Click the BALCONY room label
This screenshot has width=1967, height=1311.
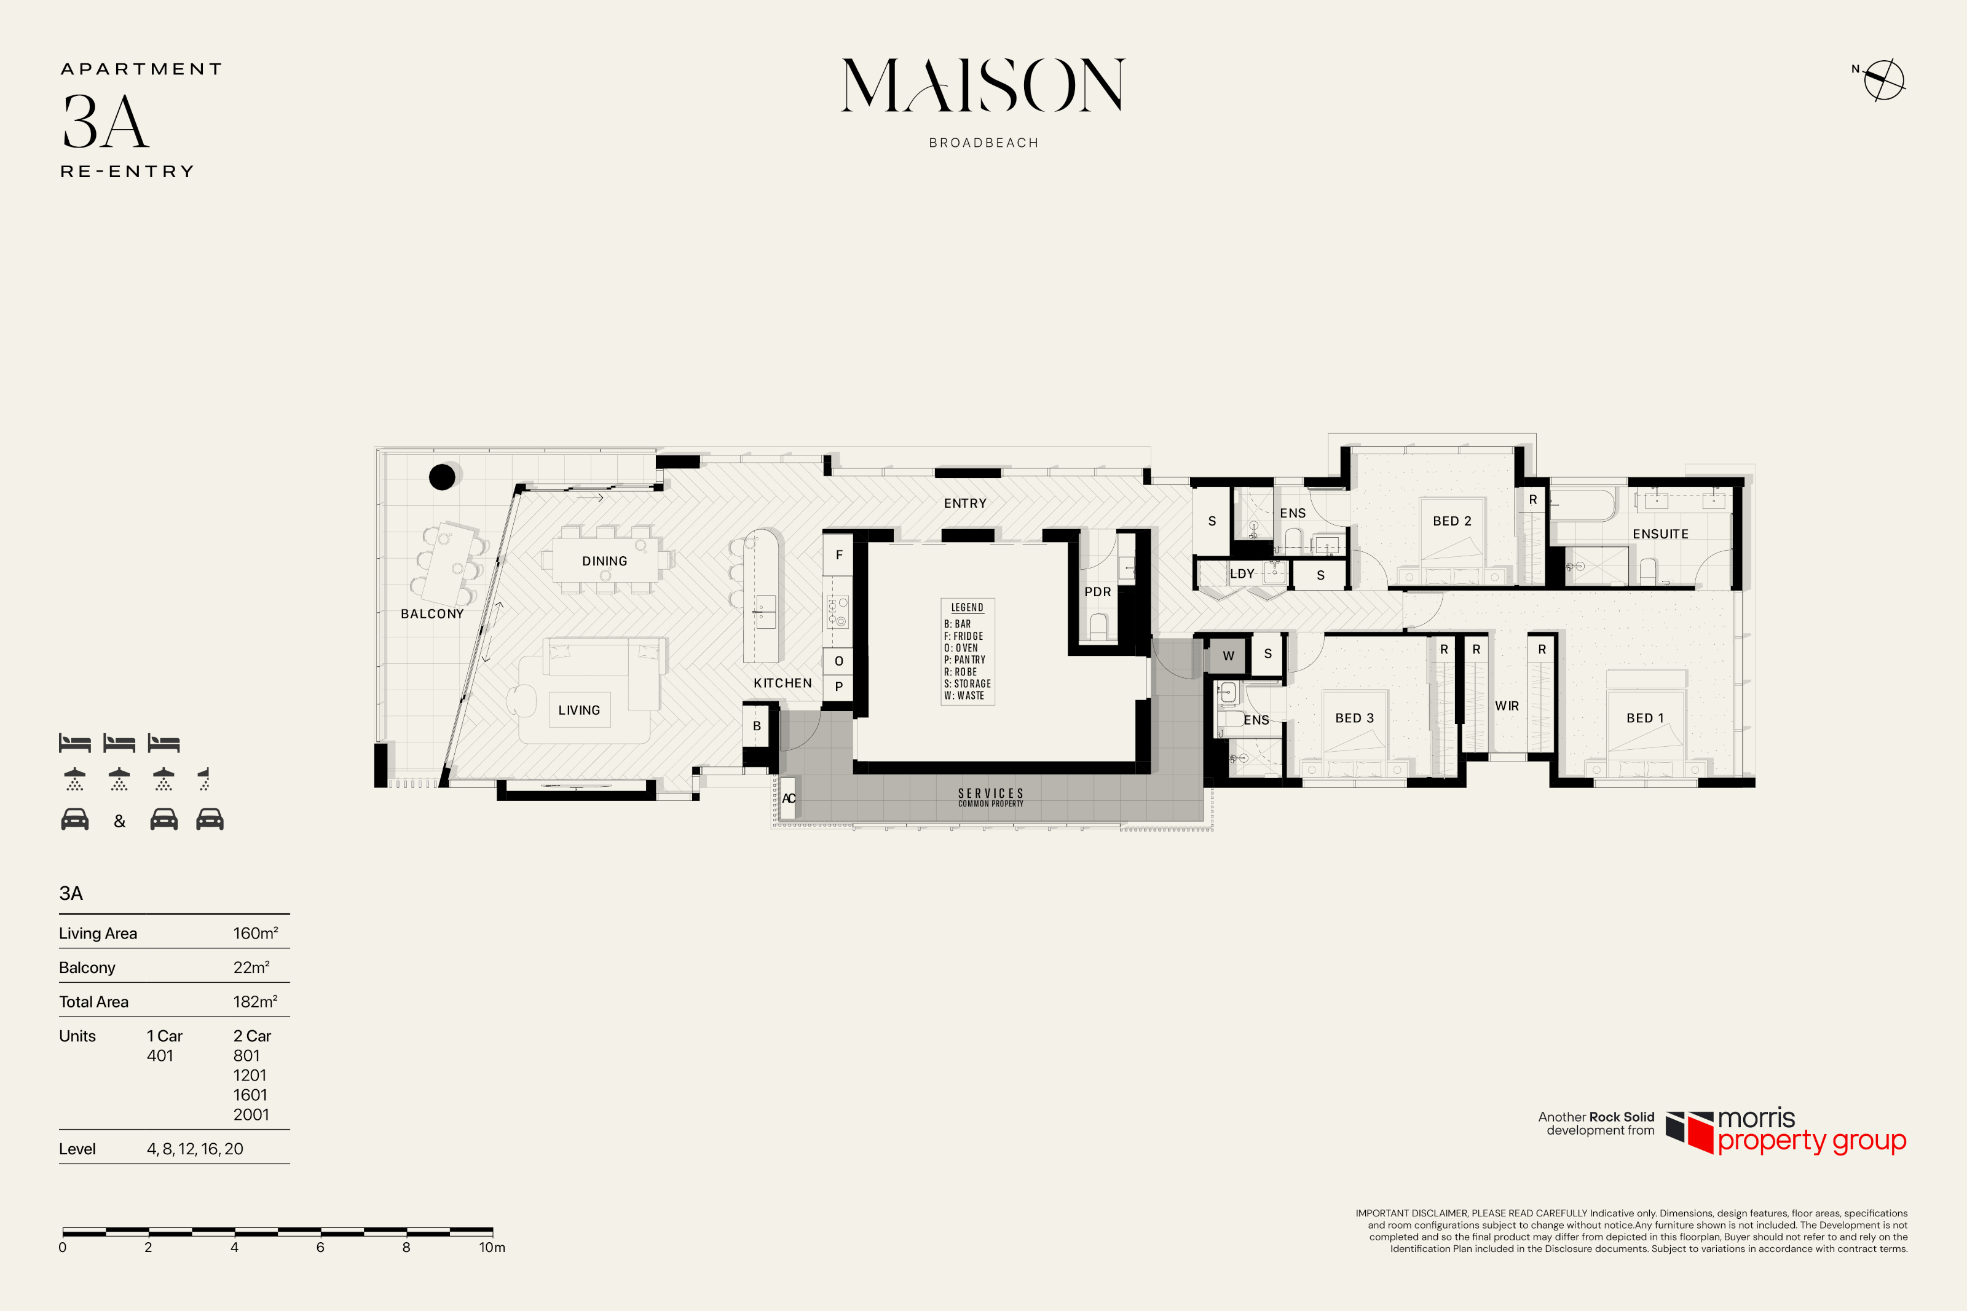tap(432, 613)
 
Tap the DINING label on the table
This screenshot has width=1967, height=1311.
tap(604, 561)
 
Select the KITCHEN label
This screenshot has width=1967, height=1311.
tap(782, 683)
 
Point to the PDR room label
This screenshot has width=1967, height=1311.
tap(1098, 592)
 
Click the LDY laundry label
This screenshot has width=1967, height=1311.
tap(1242, 573)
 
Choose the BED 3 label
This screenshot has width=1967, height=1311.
tap(1354, 718)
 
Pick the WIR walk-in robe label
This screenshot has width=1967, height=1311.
tap(1507, 706)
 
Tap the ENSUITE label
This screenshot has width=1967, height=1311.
tap(1660, 534)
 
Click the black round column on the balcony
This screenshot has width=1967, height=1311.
tap(442, 476)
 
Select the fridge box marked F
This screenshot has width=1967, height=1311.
tap(838, 554)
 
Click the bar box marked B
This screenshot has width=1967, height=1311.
tap(757, 726)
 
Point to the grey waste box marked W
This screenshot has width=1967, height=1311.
tap(1228, 655)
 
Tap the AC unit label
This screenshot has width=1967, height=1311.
tap(787, 798)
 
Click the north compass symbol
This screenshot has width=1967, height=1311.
tap(1883, 81)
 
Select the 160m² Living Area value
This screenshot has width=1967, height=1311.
tap(256, 933)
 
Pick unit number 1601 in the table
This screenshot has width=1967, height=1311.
tap(250, 1095)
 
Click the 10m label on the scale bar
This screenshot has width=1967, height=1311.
tap(492, 1248)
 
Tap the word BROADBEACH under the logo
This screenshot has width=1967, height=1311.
tap(984, 143)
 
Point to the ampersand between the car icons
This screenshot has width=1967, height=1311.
tap(119, 821)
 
